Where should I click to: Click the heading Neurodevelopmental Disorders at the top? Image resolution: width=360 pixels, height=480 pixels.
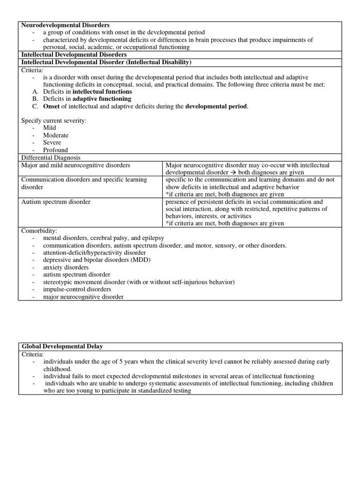click(x=66, y=25)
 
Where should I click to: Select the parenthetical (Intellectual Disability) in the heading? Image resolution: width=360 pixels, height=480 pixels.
click(x=153, y=62)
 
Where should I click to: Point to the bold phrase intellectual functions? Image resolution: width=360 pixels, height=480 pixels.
click(x=102, y=92)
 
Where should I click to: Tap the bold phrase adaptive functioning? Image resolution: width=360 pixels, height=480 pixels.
click(x=102, y=99)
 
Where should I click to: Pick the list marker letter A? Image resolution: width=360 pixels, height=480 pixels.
click(x=36, y=92)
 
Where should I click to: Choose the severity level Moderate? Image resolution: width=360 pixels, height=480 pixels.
click(x=56, y=135)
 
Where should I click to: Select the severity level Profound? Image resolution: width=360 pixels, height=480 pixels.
click(x=55, y=150)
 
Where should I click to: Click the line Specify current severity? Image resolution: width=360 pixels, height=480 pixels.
click(x=54, y=121)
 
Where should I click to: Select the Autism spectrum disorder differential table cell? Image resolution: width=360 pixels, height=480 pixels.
click(x=56, y=202)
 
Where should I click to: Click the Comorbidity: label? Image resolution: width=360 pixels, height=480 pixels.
click(x=39, y=231)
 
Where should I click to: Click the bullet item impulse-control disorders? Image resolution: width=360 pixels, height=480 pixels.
click(x=77, y=289)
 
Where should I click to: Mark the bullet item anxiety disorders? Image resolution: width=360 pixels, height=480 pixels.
click(x=66, y=267)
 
